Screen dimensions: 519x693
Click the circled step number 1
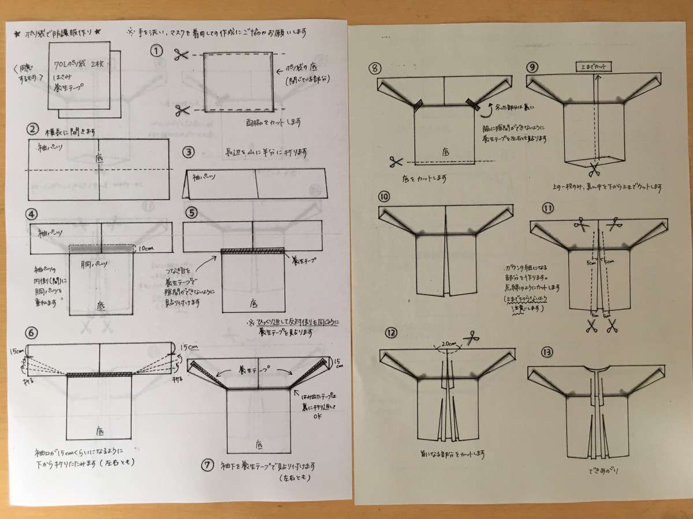coord(155,50)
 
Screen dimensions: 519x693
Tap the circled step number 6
coord(32,333)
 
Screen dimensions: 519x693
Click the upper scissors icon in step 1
coord(181,55)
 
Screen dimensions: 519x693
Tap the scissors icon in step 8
coord(396,161)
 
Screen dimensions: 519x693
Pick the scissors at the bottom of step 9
coord(594,170)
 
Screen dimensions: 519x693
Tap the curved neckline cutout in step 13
coord(595,368)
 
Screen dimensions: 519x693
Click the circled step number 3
coord(188,153)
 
